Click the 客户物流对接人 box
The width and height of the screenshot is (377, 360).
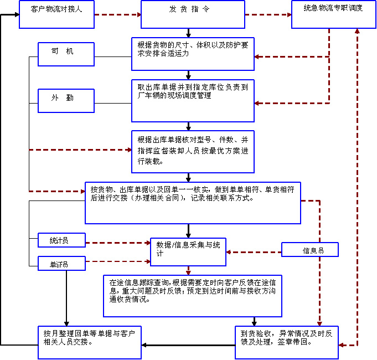(53, 14)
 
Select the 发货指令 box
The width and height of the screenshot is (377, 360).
(192, 14)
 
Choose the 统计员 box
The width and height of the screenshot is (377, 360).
(61, 240)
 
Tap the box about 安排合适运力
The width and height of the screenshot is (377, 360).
(193, 54)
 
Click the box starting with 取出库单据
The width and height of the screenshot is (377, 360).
(193, 100)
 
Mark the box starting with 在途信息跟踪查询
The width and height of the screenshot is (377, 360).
(193, 295)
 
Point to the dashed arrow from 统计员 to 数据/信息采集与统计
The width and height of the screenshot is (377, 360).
(117, 243)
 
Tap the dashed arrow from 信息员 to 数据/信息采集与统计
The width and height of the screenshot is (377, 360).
(254, 252)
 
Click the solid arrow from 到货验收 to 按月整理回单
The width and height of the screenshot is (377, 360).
(188, 345)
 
